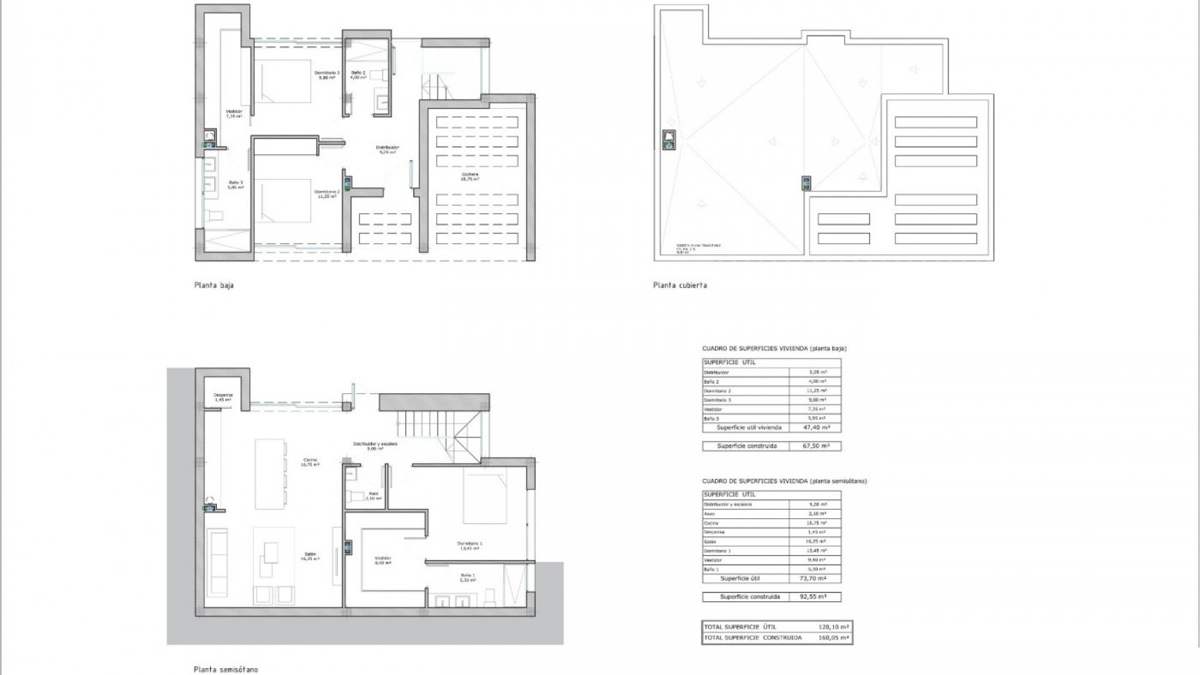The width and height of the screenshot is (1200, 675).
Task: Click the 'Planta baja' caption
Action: (x=214, y=286)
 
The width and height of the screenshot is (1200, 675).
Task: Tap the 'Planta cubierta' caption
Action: (x=680, y=286)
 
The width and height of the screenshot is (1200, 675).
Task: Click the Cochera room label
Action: (x=469, y=176)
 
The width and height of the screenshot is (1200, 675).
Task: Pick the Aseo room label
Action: (x=373, y=496)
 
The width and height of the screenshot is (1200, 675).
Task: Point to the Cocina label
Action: (x=311, y=462)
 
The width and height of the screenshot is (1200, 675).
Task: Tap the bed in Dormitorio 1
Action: (x=484, y=498)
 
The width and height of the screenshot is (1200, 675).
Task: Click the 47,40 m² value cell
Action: (x=816, y=428)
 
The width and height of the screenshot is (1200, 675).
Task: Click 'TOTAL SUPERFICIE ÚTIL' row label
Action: (x=740, y=627)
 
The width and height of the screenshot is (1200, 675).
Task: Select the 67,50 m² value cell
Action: (x=816, y=446)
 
